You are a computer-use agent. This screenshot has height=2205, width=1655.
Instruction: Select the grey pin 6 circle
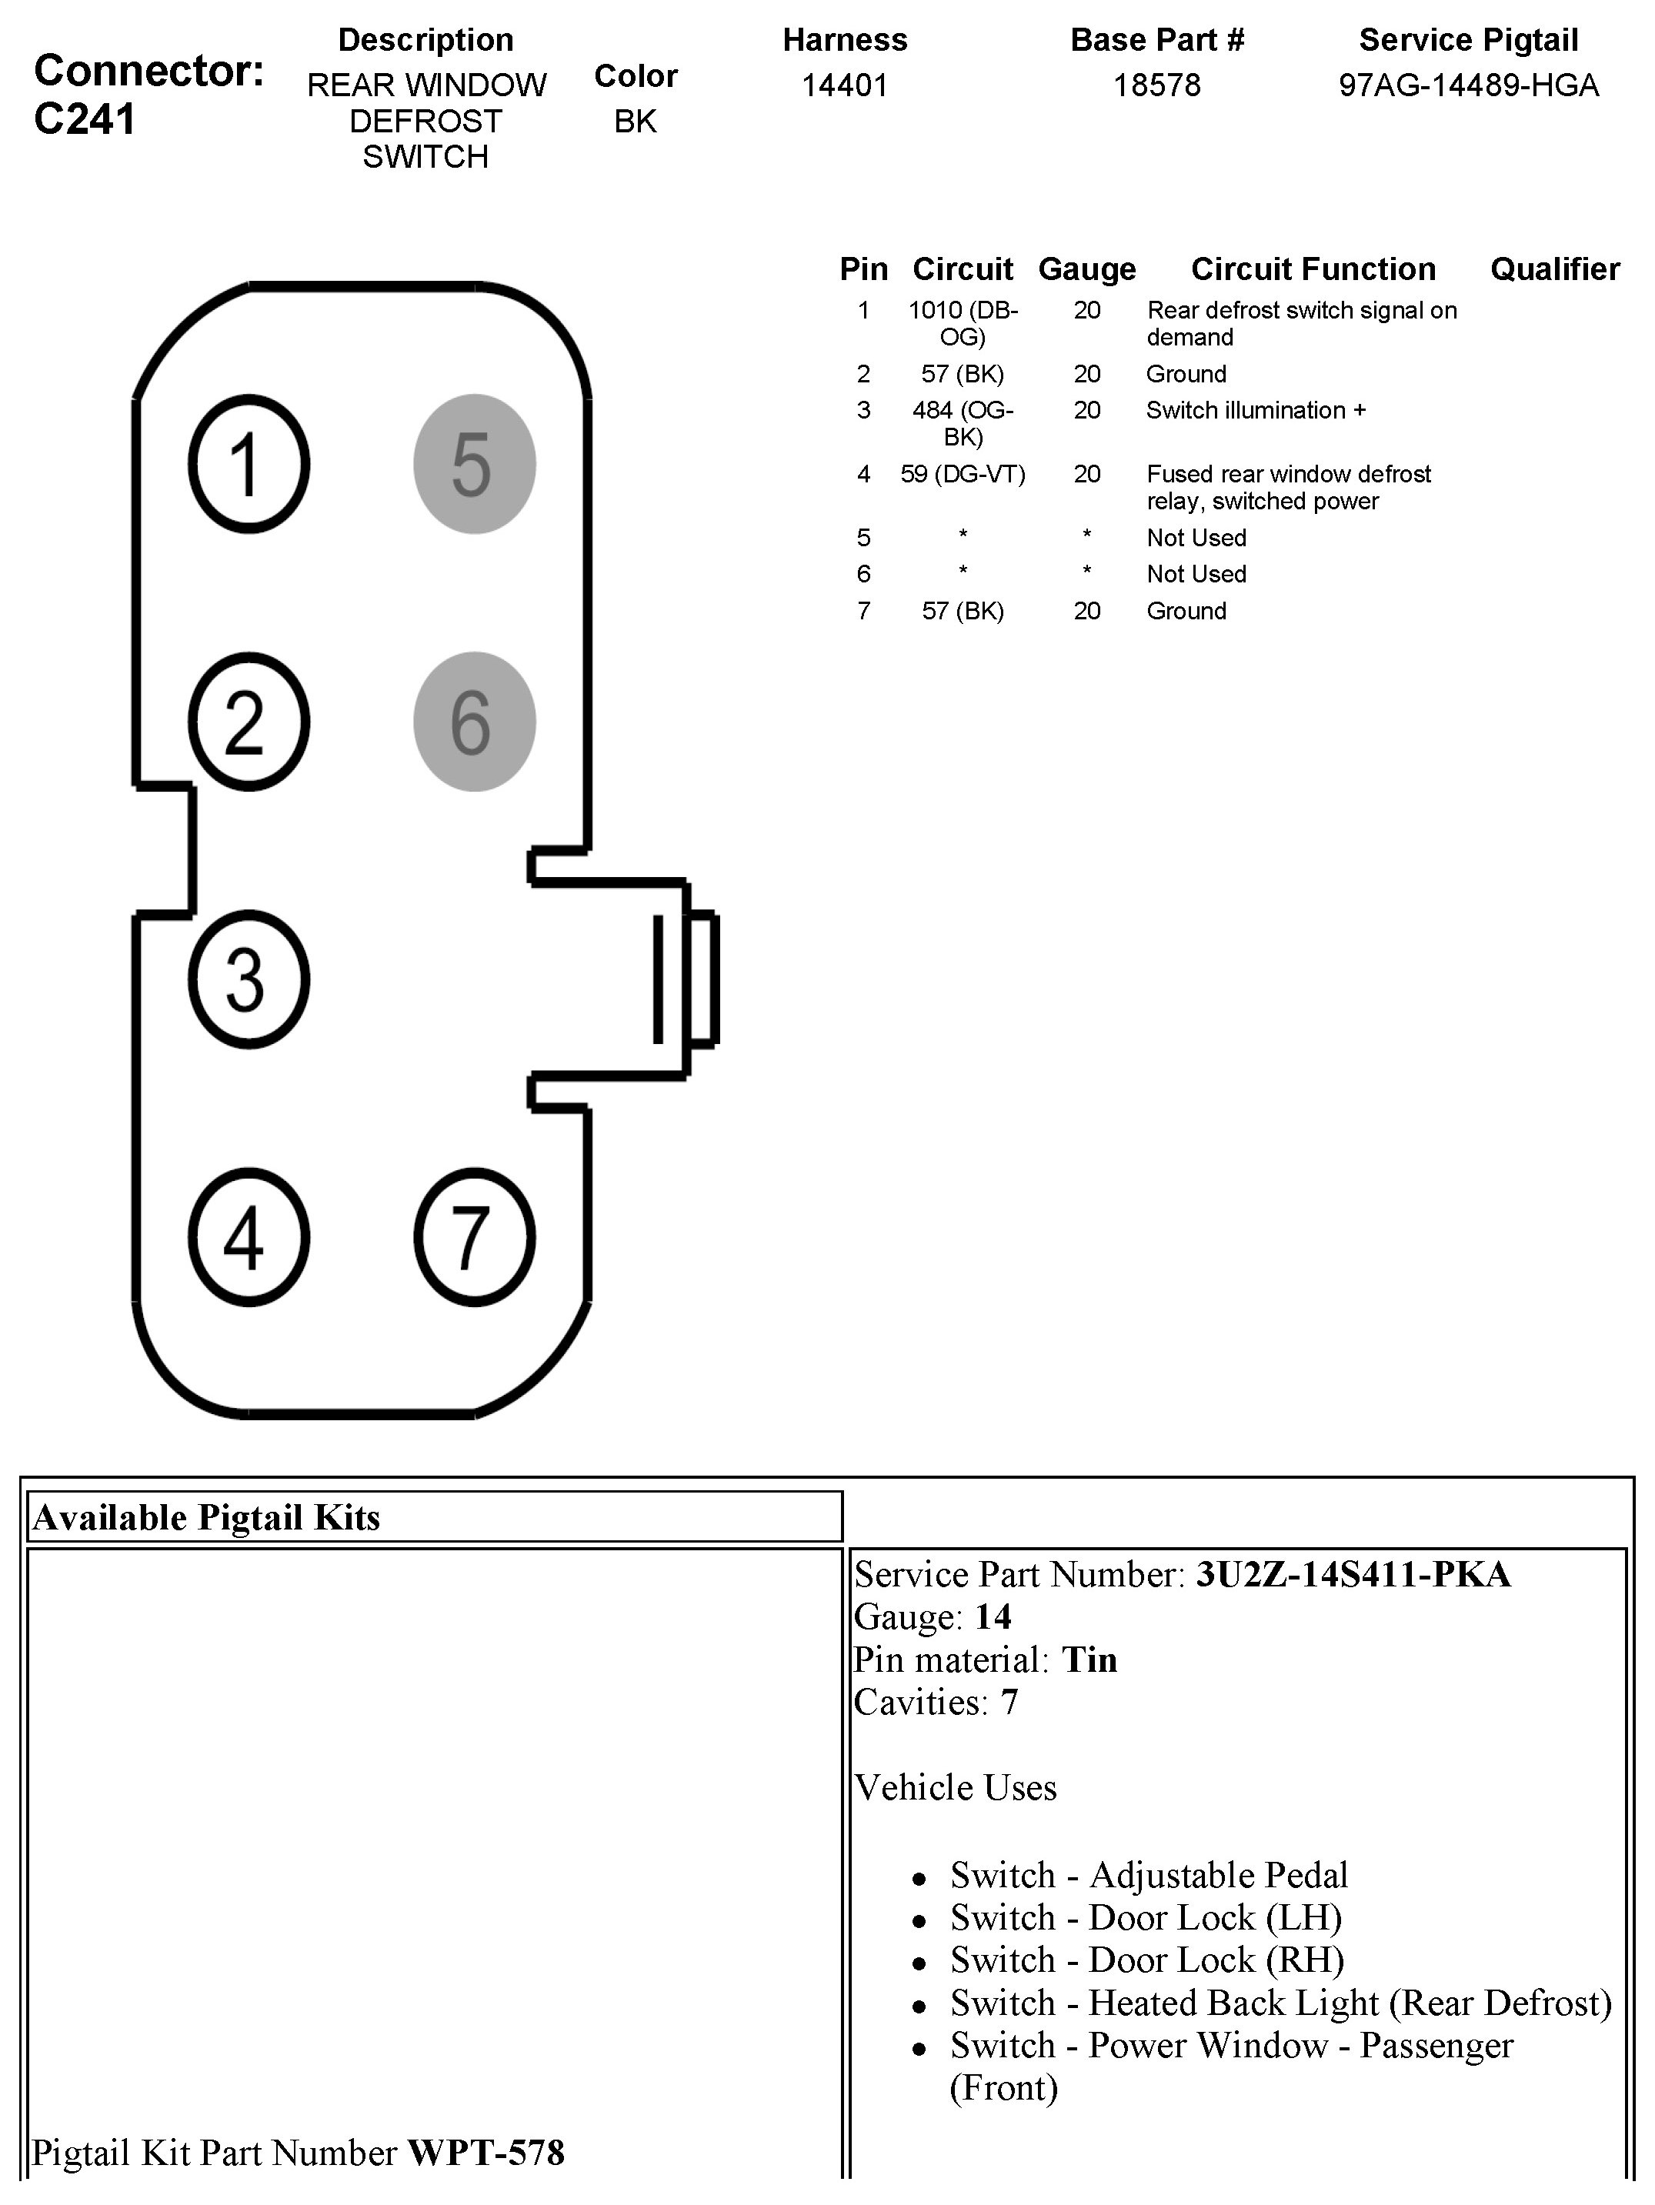pyautogui.click(x=475, y=722)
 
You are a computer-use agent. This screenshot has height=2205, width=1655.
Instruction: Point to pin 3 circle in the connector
pyautogui.click(x=249, y=979)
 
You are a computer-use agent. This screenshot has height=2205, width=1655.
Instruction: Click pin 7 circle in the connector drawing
pyautogui.click(x=475, y=1237)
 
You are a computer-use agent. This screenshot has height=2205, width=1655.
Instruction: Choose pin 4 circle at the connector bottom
pyautogui.click(x=249, y=1237)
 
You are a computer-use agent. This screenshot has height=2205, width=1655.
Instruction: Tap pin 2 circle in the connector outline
pyautogui.click(x=249, y=722)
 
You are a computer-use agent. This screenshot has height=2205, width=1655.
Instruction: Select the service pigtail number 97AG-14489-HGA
pyautogui.click(x=1467, y=85)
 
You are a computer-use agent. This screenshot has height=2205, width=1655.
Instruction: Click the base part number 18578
pyautogui.click(x=1156, y=85)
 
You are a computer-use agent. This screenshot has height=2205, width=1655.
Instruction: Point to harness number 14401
pyautogui.click(x=845, y=85)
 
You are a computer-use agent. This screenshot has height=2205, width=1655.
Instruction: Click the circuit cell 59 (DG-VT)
pyautogui.click(x=962, y=475)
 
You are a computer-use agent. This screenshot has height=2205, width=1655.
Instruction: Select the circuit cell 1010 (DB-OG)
pyautogui.click(x=962, y=324)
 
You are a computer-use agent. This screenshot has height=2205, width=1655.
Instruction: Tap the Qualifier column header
pyautogui.click(x=1554, y=269)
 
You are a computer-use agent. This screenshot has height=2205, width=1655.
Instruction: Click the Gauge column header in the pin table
pyautogui.click(x=1086, y=269)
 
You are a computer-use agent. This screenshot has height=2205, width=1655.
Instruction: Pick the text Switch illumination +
pyautogui.click(x=1255, y=411)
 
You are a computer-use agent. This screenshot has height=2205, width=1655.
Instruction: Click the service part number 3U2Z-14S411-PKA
pyautogui.click(x=1353, y=1574)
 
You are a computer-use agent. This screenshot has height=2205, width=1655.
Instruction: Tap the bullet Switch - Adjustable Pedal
pyautogui.click(x=1149, y=1875)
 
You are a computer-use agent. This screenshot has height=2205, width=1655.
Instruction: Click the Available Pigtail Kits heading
pyautogui.click(x=206, y=1517)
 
